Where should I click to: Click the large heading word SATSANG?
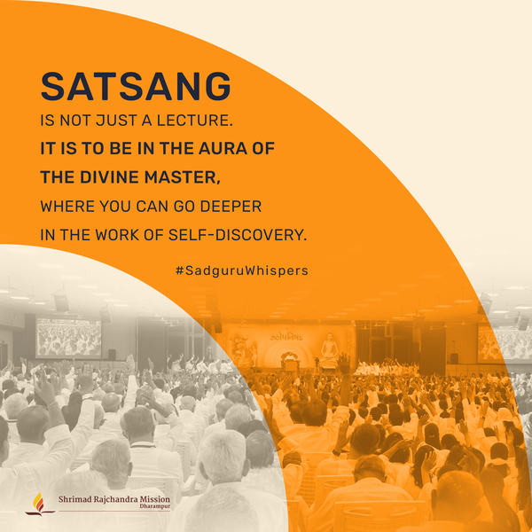[x=136, y=86]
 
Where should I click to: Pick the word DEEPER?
[x=231, y=207]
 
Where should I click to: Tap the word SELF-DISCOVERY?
[x=238, y=235]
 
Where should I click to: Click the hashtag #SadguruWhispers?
[x=242, y=270]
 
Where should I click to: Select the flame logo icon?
[x=39, y=504]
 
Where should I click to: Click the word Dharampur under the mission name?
[x=154, y=506]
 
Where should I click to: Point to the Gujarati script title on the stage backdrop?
[x=286, y=337]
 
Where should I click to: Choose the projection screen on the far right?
[x=505, y=342]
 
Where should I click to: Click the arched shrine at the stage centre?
[x=290, y=361]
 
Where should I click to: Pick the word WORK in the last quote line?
[x=117, y=235]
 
